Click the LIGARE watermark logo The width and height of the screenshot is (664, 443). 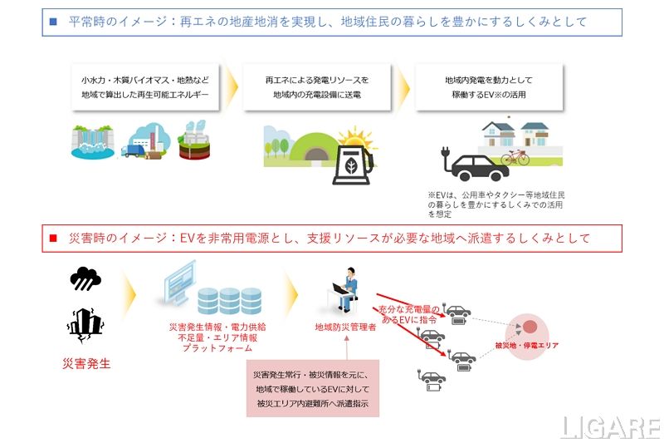click(609, 427)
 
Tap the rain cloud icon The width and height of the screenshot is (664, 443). click(85, 278)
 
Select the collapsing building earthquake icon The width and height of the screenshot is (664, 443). click(86, 323)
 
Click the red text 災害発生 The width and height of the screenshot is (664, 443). click(86, 363)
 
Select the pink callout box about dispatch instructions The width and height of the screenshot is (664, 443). click(313, 388)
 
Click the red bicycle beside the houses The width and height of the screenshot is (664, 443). click(515, 157)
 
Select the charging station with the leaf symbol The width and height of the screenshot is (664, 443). click(352, 163)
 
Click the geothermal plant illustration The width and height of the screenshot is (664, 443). click(194, 140)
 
